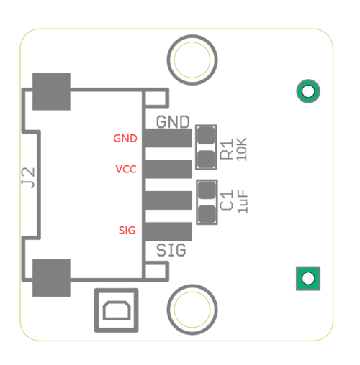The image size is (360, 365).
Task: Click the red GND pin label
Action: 125,139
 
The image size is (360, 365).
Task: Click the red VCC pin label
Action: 126,169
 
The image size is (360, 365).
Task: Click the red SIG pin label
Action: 127,230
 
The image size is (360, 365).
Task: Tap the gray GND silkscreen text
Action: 173,122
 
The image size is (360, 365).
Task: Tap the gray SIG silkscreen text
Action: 171,250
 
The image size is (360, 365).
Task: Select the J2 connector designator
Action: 28,177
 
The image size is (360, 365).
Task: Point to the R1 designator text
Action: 227,149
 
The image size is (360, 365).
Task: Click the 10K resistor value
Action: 242,149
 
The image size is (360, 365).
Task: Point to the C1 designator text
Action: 227,200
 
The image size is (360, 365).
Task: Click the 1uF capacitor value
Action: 243,201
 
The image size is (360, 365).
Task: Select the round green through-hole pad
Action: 308,91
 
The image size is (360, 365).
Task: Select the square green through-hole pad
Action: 308,279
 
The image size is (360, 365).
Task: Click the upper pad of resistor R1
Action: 206,136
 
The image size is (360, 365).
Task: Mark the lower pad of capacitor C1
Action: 207,214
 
